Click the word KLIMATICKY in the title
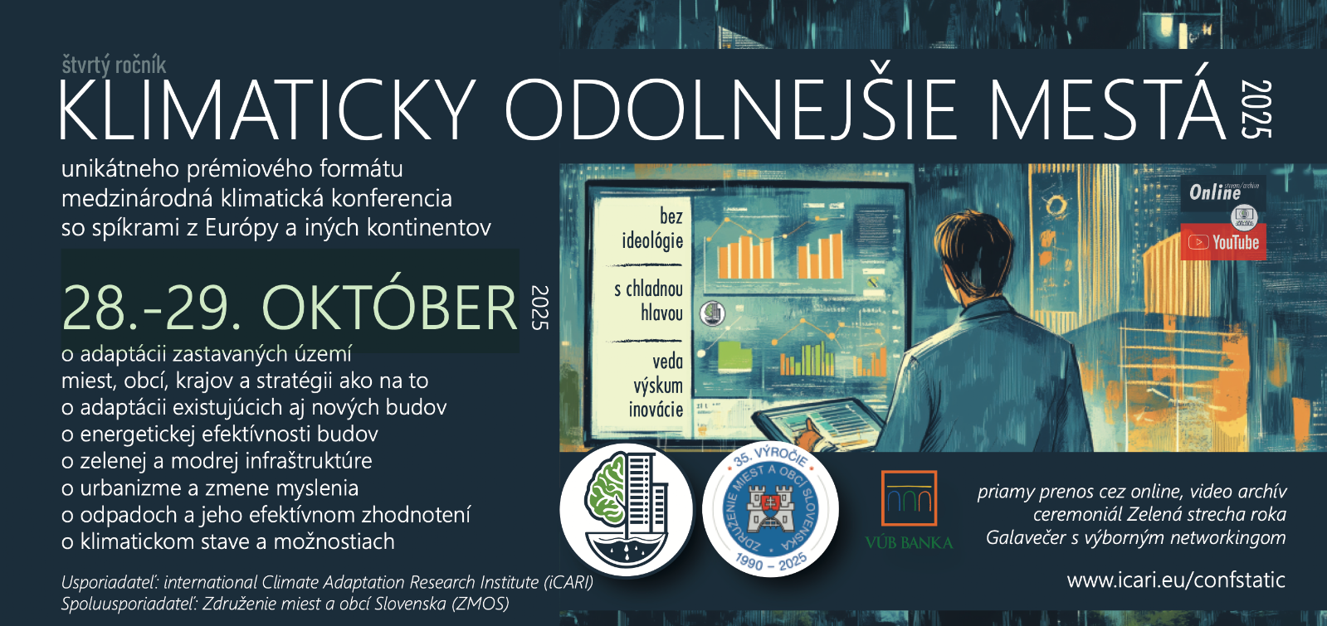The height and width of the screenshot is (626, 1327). click(267, 109)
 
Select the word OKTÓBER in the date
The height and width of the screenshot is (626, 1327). click(390, 308)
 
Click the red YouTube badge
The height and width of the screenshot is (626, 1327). click(1223, 242)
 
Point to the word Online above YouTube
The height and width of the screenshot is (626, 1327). click(1214, 192)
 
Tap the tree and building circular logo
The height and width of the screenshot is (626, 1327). click(627, 510)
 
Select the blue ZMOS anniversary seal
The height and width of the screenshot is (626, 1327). click(770, 510)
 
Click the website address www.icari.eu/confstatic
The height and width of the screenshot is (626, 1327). click(1176, 580)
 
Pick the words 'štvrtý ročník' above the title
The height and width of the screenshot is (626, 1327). click(114, 65)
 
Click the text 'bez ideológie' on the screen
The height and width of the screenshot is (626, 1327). click(652, 229)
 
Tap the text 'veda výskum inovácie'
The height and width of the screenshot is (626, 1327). click(656, 386)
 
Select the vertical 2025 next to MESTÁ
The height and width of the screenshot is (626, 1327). click(1256, 109)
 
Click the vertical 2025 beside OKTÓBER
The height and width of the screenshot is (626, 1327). click(540, 308)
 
